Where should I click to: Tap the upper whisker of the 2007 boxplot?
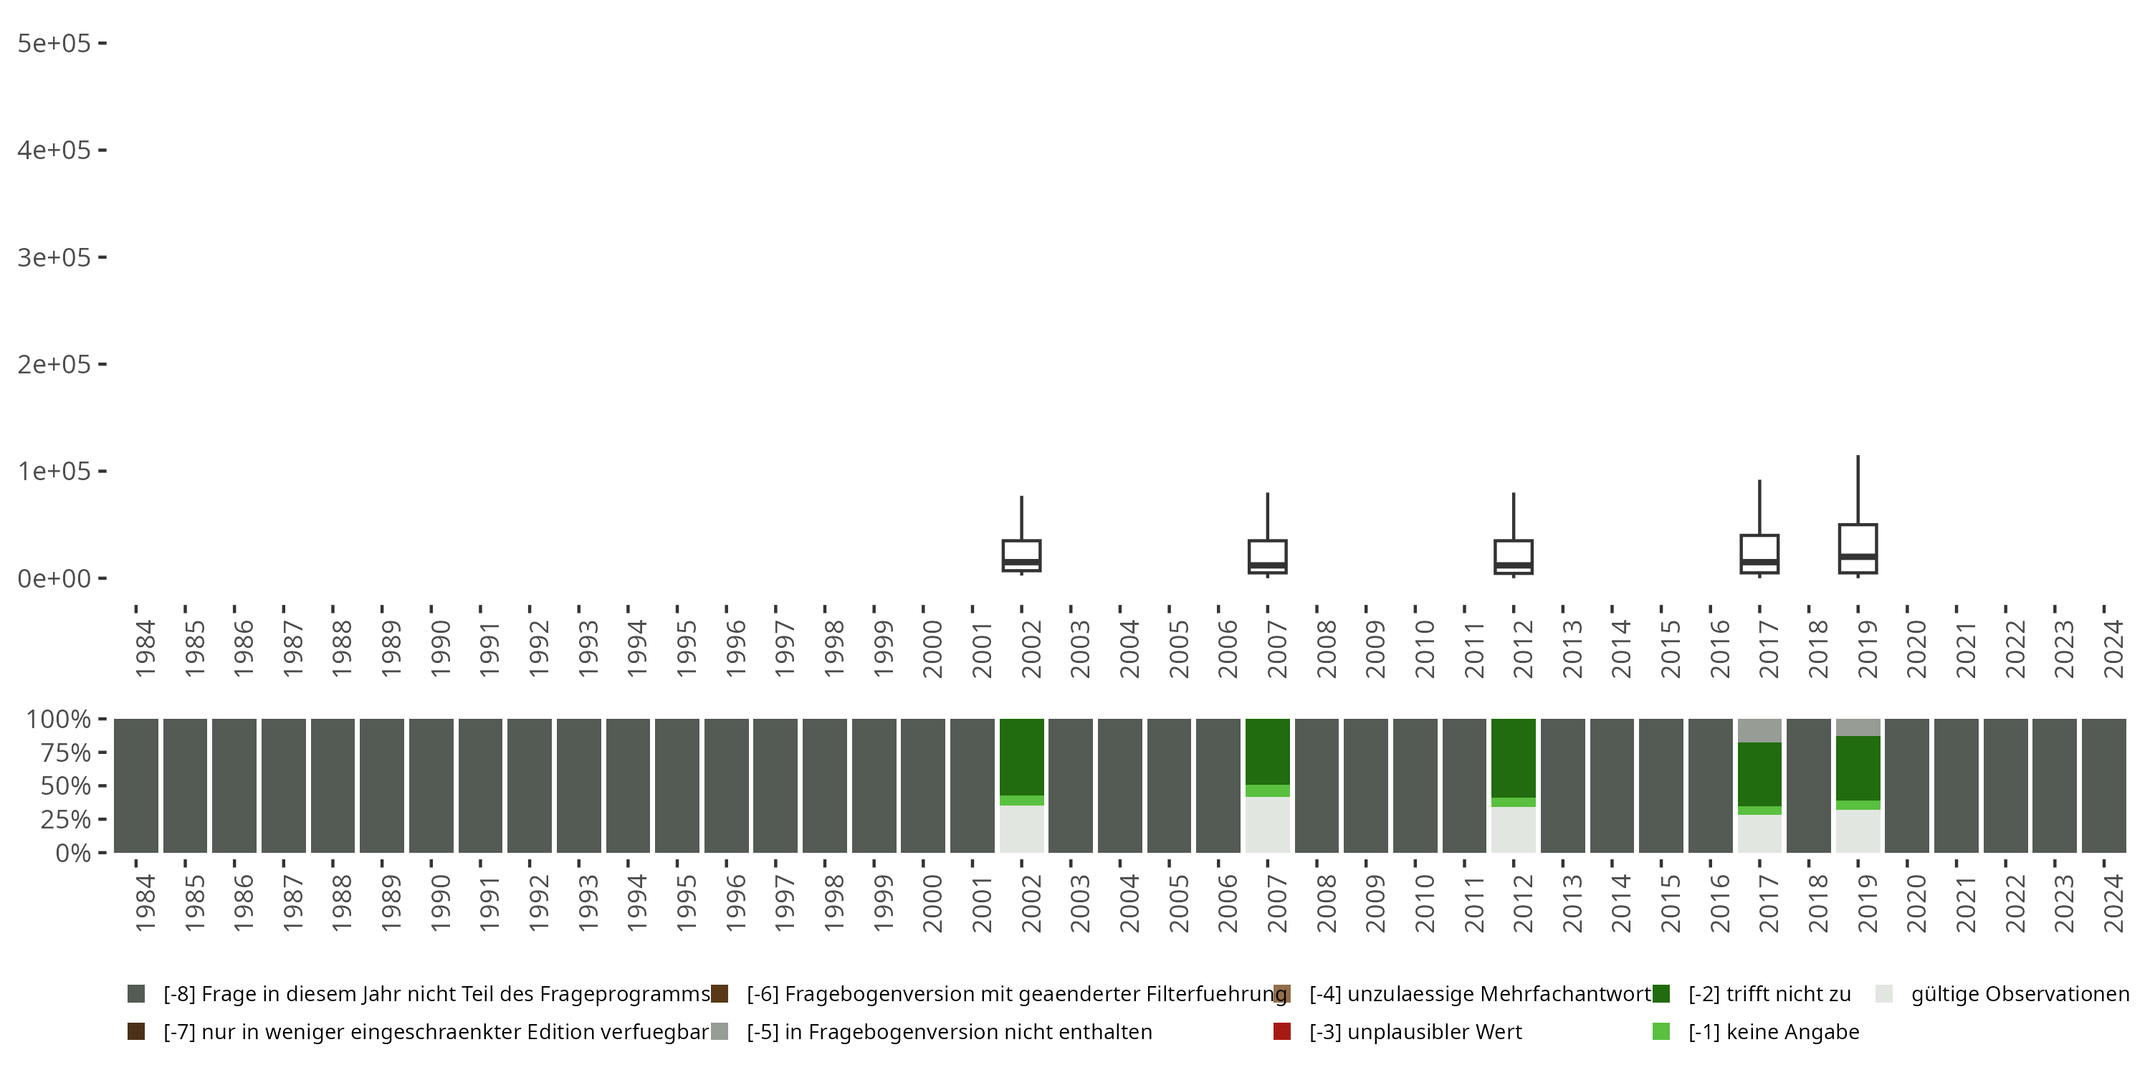pos(1267,517)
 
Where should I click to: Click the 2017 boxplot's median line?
pos(1759,563)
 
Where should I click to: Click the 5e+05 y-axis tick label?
pos(54,44)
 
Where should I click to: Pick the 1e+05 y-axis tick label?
pos(54,472)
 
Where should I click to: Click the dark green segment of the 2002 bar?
pos(1021,756)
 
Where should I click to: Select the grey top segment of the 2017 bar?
pos(1759,730)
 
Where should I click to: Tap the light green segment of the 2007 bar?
pos(1267,790)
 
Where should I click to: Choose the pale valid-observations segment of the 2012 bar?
pos(1513,830)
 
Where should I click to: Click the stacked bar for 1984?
pos(136,785)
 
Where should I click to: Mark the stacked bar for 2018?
pos(1809,785)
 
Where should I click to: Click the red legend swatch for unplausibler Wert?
pos(1282,1031)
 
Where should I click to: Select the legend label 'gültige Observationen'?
pos(2020,994)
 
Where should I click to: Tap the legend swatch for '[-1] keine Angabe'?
pos(1661,1031)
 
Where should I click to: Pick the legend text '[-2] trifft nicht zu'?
pos(1769,994)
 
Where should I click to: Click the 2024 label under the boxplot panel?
pos(2113,649)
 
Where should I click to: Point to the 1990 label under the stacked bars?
pos(440,903)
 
